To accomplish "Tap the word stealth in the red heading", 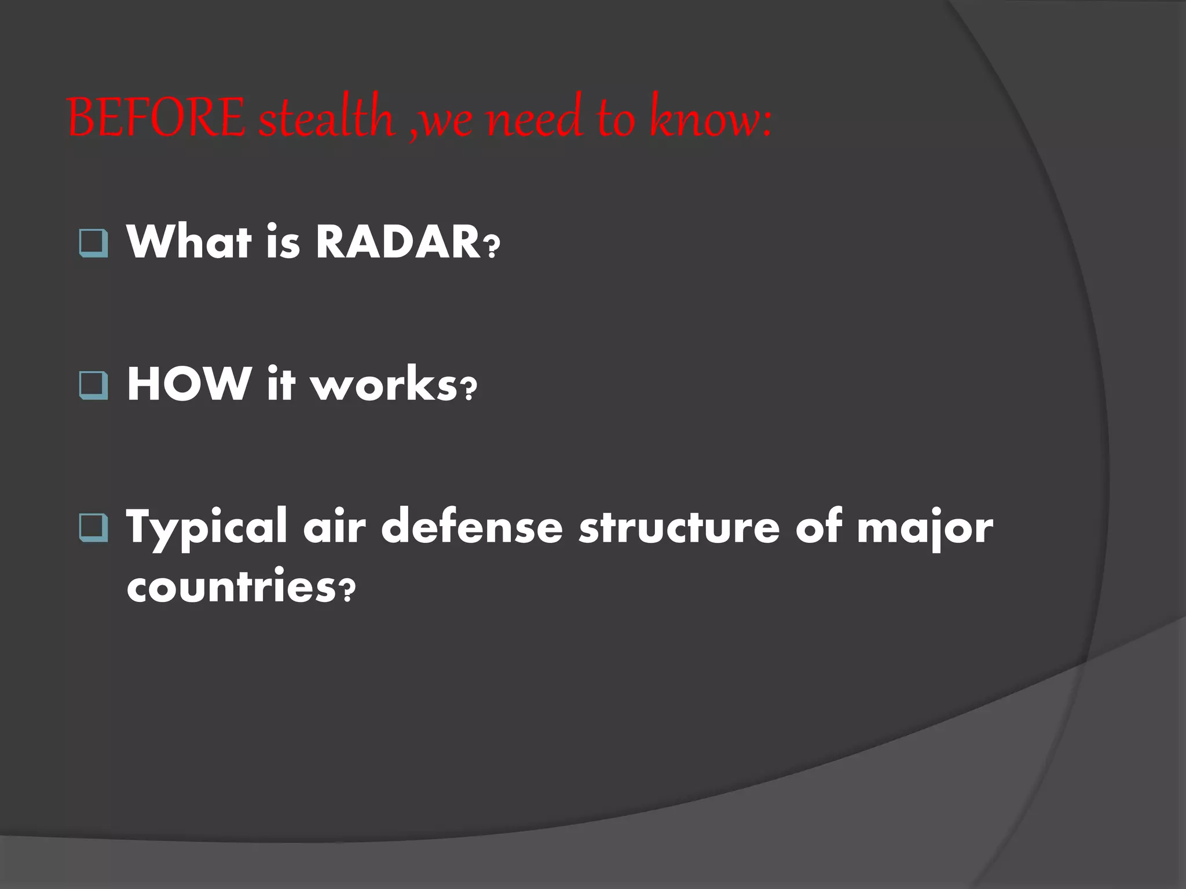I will pos(327,118).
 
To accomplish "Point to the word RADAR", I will pos(398,241).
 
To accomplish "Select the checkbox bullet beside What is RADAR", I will pos(93,244).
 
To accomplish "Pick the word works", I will pos(385,384).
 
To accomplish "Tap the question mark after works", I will pos(468,390).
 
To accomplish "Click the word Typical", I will pos(207,528).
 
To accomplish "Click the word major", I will pos(925,528).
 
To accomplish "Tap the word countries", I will pos(230,586).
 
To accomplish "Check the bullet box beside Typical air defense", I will pos(93,528).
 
